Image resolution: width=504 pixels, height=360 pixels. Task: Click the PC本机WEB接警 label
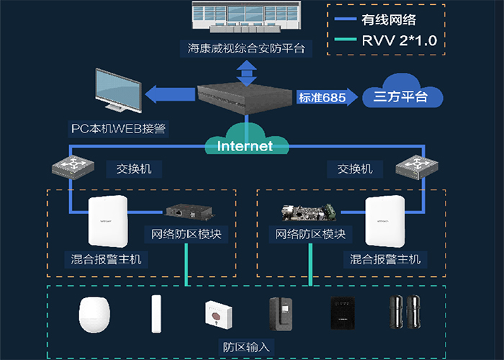coord(118,128)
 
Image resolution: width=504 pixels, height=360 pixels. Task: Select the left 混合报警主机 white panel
coord(108,222)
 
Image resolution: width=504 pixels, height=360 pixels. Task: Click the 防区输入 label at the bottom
coord(245,346)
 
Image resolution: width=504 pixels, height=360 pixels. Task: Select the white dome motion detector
coord(96,314)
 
